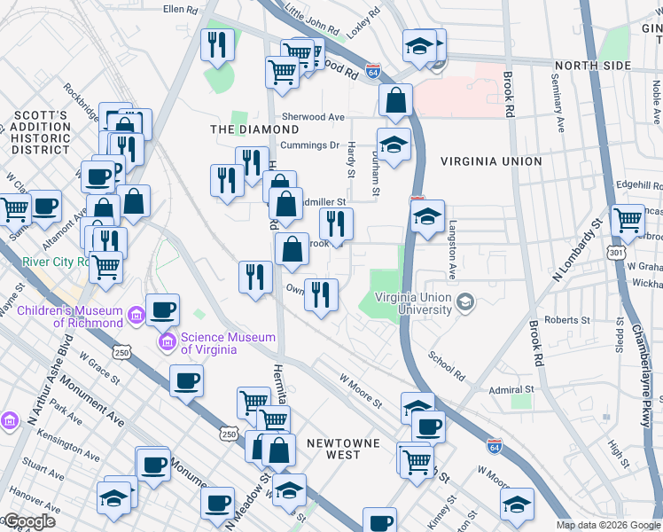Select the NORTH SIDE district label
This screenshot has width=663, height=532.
pyautogui.click(x=593, y=66)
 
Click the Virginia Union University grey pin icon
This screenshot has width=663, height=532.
pyautogui.click(x=464, y=304)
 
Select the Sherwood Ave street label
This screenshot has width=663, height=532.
pyautogui.click(x=313, y=117)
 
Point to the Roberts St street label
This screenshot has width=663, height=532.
pyautogui.click(x=567, y=320)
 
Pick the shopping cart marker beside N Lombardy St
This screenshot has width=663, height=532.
pyautogui.click(x=628, y=220)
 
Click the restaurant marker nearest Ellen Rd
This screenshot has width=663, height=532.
pyautogui.click(x=217, y=44)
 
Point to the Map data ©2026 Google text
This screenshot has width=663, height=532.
pyautogui.click(x=607, y=525)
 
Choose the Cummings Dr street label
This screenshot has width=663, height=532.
pyautogui.click(x=309, y=145)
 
